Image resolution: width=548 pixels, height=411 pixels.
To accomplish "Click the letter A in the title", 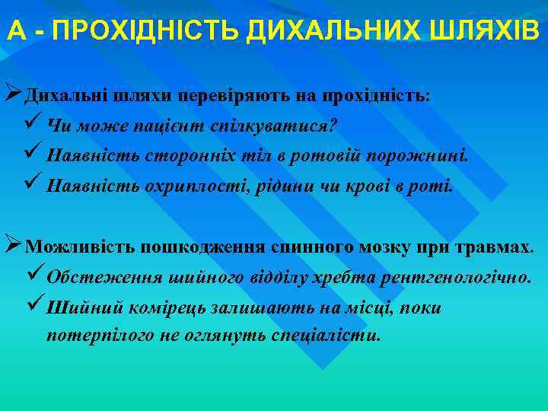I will (16, 31).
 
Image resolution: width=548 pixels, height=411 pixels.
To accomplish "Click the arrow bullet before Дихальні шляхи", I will (12, 96).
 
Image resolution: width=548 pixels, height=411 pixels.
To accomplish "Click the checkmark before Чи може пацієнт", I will (33, 124).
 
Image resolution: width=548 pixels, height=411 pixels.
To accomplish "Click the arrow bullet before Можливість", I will (12, 246).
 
